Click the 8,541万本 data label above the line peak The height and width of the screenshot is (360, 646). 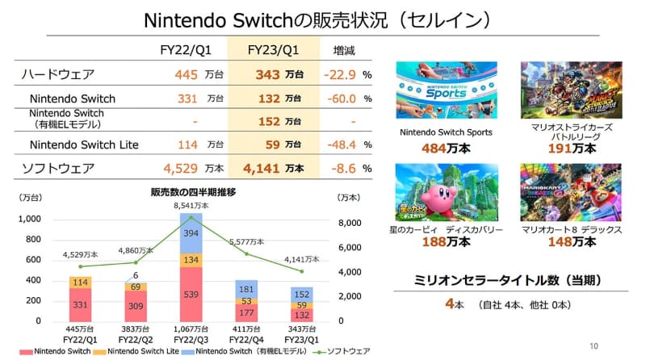tap(191, 207)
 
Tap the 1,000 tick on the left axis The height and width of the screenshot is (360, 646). tap(29, 219)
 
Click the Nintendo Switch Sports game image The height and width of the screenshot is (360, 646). tap(440, 91)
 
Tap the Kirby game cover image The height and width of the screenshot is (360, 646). tap(440, 192)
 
